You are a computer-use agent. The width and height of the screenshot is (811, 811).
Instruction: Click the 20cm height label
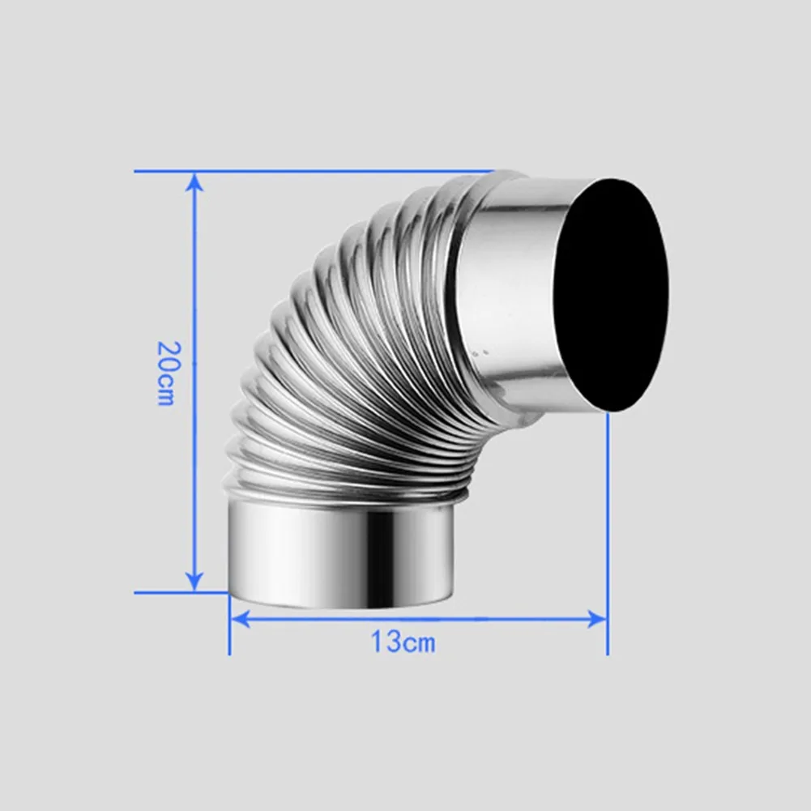click(x=164, y=372)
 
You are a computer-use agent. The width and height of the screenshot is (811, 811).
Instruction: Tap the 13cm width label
click(x=403, y=642)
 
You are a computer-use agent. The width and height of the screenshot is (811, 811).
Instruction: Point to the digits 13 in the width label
click(x=386, y=642)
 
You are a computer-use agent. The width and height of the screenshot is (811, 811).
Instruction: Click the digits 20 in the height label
click(x=165, y=355)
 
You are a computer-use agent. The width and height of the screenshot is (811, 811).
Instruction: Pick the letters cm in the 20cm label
click(x=164, y=390)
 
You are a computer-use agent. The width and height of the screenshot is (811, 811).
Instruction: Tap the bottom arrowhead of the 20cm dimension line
click(x=194, y=582)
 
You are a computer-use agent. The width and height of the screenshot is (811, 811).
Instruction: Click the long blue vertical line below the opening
click(x=607, y=527)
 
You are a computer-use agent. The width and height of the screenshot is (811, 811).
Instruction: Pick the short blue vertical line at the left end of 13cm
click(x=229, y=624)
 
